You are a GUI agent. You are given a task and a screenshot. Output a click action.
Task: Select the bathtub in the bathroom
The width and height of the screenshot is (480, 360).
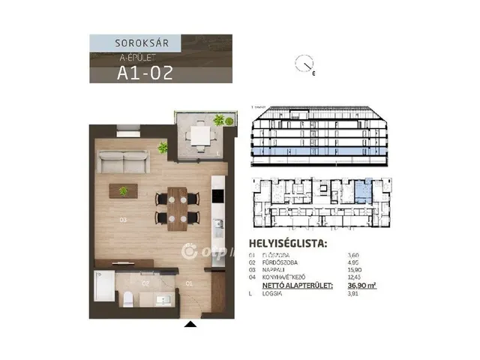tap(103, 286)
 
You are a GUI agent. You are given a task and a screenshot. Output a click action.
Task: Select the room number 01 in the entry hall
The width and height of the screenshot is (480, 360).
tap(189, 284)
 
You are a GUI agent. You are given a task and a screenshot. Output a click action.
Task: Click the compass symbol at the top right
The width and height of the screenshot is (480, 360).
tap(306, 66)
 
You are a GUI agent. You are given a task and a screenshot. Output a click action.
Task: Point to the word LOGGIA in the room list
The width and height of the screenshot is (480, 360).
tap(273, 293)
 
